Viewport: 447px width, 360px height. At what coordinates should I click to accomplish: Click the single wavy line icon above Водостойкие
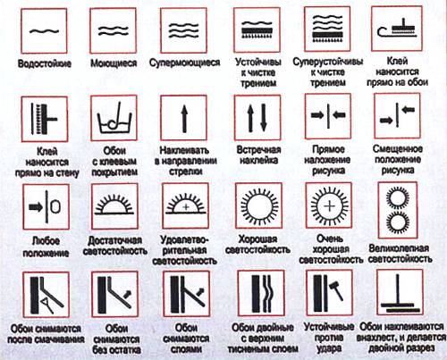pyautogui.click(x=44, y=30)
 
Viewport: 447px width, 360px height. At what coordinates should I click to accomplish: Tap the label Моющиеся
pyautogui.click(x=114, y=63)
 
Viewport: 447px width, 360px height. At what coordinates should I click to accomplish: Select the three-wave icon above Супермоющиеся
pyautogui.click(x=184, y=30)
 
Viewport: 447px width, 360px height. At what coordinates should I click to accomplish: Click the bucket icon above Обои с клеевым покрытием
pyautogui.click(x=114, y=118)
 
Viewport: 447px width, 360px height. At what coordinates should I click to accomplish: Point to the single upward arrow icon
pyautogui.click(x=184, y=118)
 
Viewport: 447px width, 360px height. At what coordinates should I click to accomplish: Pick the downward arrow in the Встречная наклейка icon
pyautogui.click(x=264, y=117)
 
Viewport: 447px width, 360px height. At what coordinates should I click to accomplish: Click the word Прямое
pyautogui.click(x=328, y=149)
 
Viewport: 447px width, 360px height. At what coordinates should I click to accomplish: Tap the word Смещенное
pyautogui.click(x=398, y=148)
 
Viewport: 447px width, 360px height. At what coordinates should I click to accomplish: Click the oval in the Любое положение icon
pyautogui.click(x=55, y=206)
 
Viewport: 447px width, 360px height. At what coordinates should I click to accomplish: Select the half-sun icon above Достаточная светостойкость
pyautogui.click(x=114, y=205)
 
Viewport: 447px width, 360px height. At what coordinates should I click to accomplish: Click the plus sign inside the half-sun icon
pyautogui.click(x=186, y=206)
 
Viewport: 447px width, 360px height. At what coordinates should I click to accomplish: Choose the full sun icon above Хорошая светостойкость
pyautogui.click(x=259, y=205)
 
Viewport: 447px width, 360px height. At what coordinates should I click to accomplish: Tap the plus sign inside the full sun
pyautogui.click(x=329, y=206)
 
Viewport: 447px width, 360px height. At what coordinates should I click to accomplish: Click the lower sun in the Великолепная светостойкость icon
pyautogui.click(x=397, y=222)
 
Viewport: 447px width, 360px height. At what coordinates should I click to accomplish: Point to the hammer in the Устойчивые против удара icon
pyautogui.click(x=336, y=289)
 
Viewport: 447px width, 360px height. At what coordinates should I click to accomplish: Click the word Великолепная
pyautogui.click(x=399, y=248)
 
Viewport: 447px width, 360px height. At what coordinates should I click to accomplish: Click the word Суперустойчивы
pyautogui.click(x=328, y=62)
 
